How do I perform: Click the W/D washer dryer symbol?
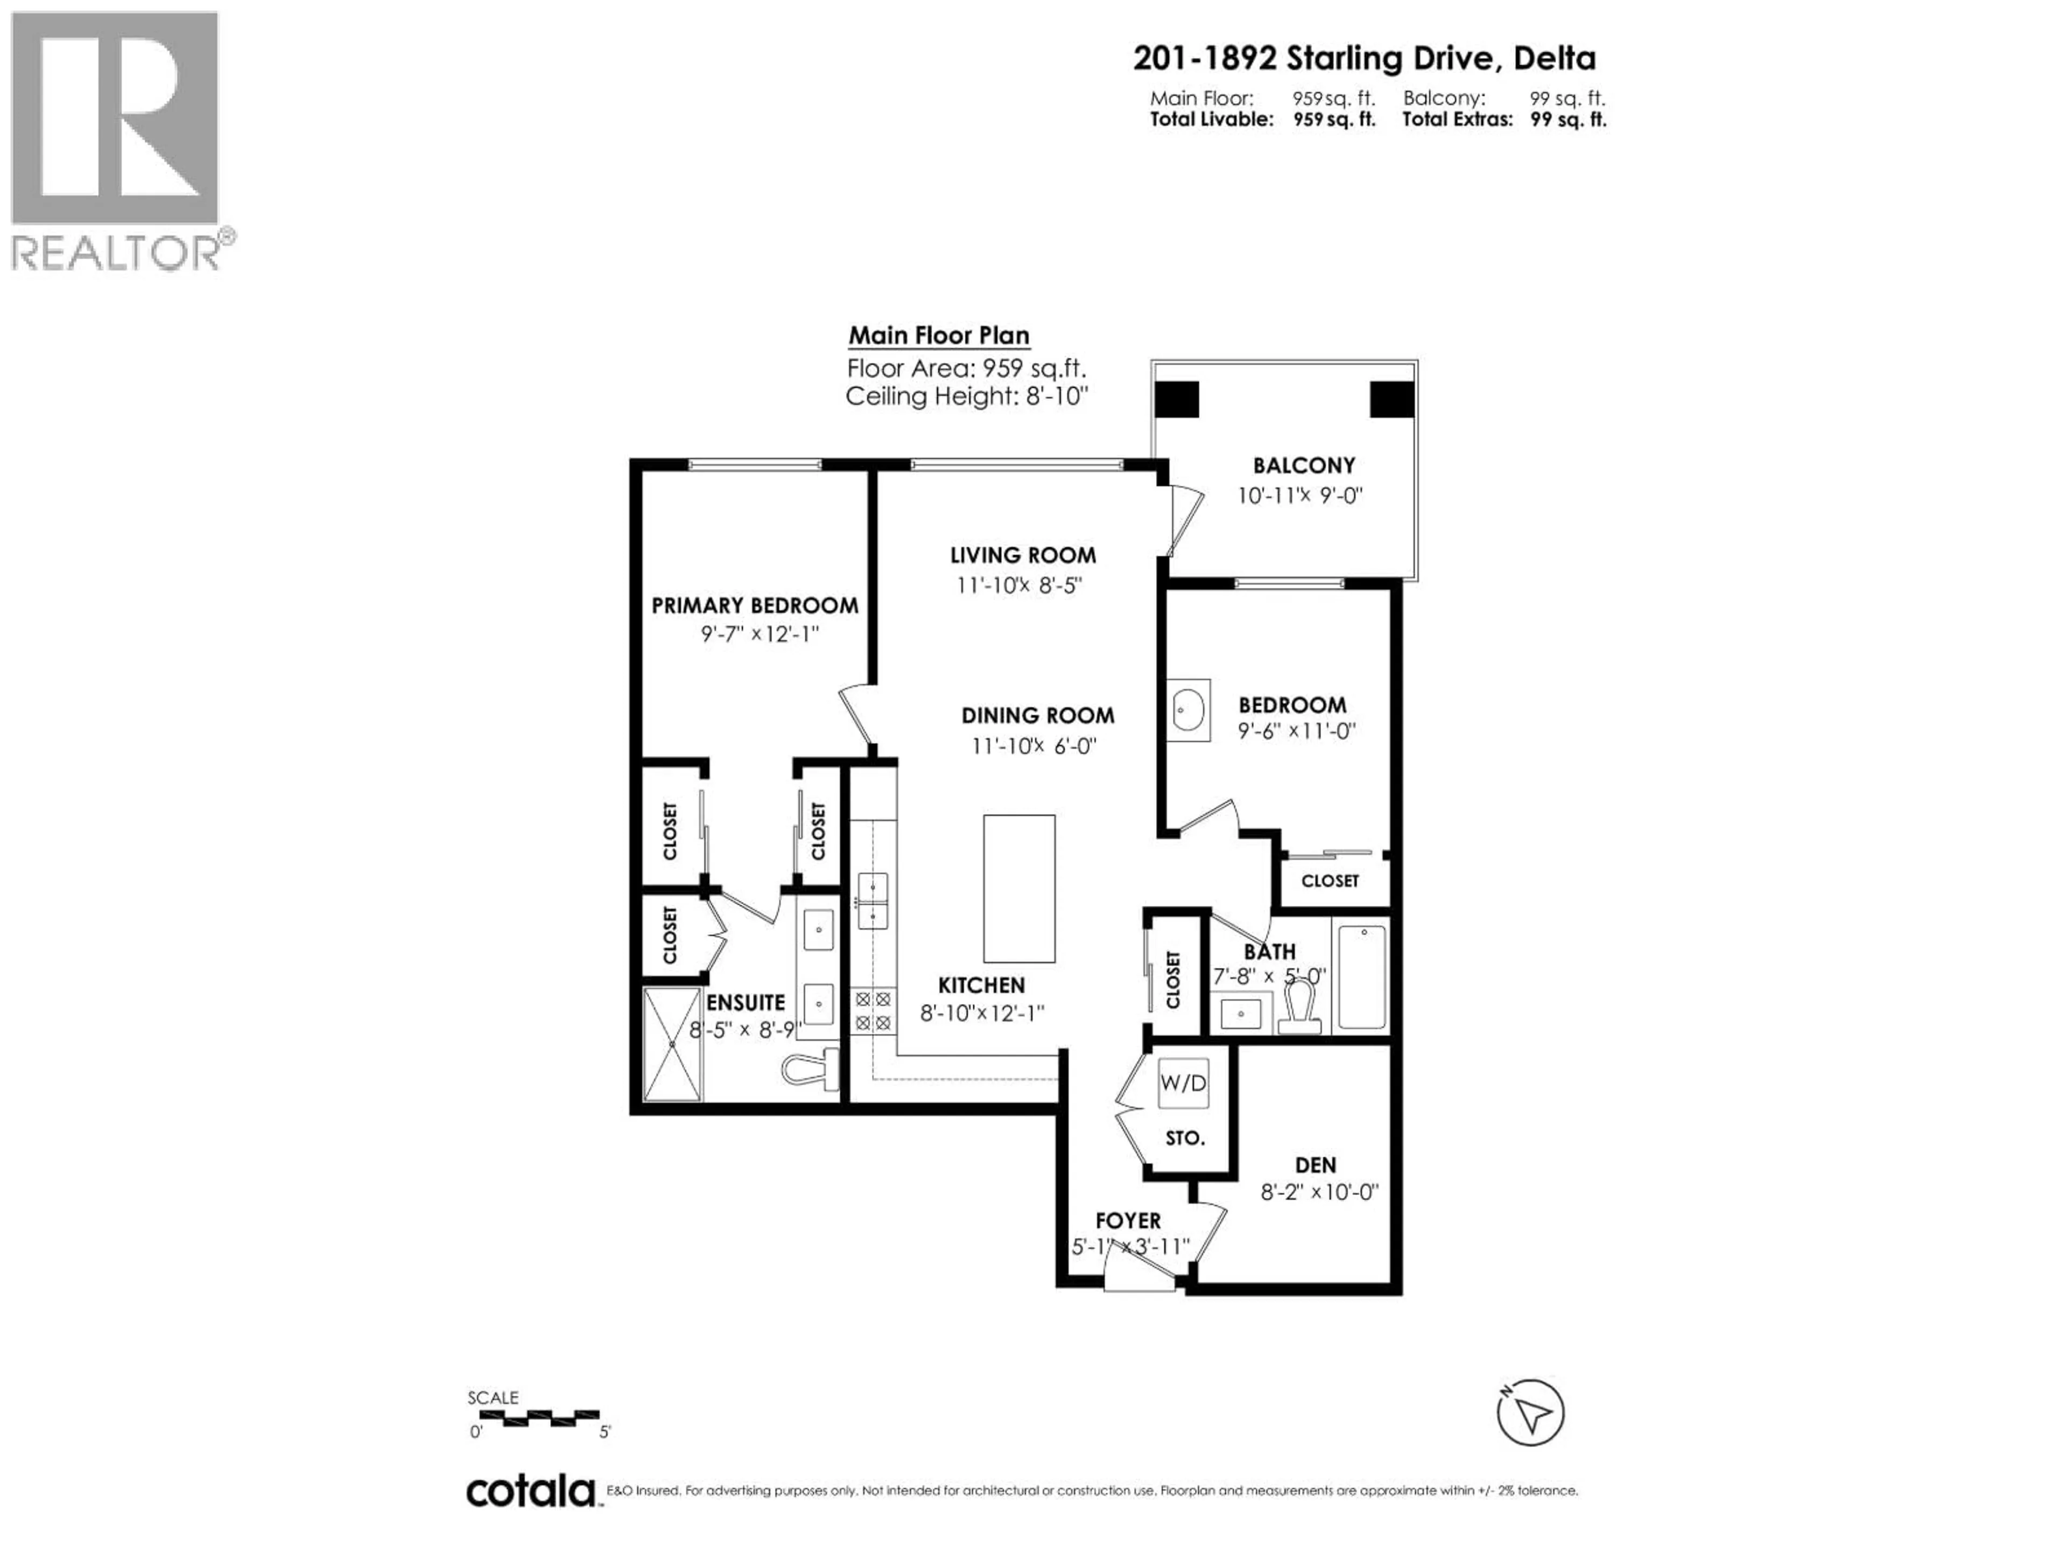[x=1183, y=1082]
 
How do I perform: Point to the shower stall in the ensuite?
[x=672, y=1044]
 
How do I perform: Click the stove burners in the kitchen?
[x=873, y=1011]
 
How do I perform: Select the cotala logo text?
[x=531, y=1491]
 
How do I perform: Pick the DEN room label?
[x=1315, y=1165]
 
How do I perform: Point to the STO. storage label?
[x=1185, y=1138]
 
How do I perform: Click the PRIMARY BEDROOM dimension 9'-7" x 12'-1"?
[x=760, y=634]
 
